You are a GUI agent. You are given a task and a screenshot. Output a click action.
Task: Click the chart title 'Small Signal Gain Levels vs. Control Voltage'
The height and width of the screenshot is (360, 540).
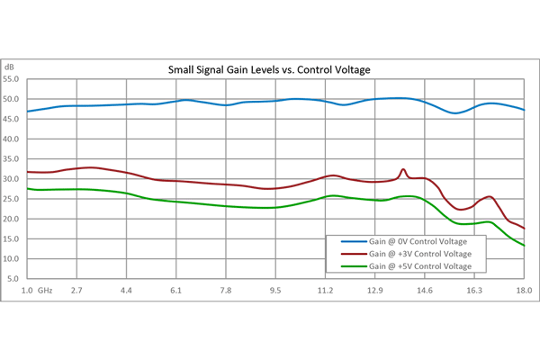click(x=270, y=69)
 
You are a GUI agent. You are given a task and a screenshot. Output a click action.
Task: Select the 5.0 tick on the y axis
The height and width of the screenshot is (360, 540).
click(x=13, y=279)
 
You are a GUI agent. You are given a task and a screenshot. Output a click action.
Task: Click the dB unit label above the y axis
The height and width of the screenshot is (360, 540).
click(x=9, y=67)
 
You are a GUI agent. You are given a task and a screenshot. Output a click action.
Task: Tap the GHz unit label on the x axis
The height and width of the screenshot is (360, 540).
click(x=46, y=291)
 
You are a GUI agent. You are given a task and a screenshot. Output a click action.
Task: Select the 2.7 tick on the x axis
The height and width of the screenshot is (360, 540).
click(x=77, y=291)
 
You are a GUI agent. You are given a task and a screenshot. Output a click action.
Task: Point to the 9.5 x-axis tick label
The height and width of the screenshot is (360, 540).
click(x=275, y=291)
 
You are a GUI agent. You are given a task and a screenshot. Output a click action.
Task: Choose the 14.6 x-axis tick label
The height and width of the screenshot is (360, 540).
click(x=425, y=291)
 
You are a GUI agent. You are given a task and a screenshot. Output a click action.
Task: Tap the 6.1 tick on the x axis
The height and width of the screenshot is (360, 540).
click(x=176, y=291)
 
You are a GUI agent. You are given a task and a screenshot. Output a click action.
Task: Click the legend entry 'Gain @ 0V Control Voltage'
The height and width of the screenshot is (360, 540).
click(x=419, y=241)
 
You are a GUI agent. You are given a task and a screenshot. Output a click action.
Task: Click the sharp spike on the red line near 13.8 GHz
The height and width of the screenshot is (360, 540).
click(x=403, y=169)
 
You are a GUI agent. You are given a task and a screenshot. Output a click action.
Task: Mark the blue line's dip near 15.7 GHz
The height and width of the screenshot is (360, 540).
click(x=456, y=112)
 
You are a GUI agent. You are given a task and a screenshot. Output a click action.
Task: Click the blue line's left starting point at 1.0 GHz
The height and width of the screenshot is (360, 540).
click(x=28, y=112)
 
